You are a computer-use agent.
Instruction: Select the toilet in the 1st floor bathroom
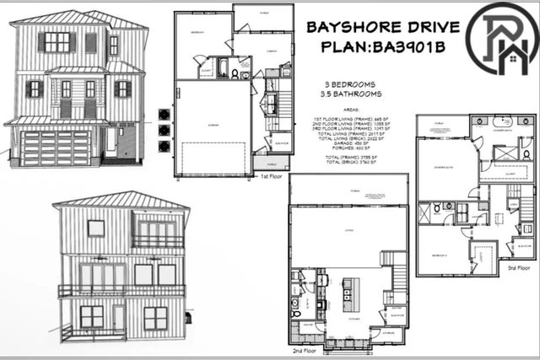point(245,74)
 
